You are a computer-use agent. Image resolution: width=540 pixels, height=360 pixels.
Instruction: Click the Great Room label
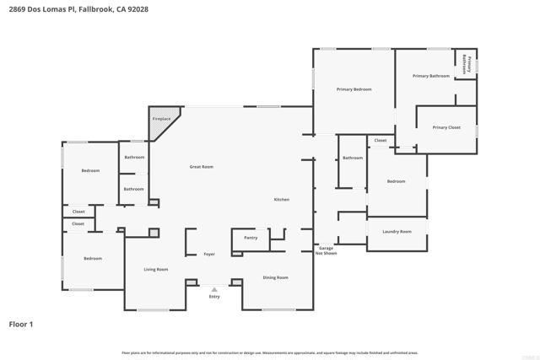pos(201,167)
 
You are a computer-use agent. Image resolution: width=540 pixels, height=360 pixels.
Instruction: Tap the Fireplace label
pos(161,120)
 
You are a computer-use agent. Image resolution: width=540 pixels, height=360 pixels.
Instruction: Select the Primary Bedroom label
pos(354,89)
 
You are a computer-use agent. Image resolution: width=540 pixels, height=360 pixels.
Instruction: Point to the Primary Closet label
pos(446,127)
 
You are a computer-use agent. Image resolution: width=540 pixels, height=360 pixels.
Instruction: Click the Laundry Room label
pos(397,231)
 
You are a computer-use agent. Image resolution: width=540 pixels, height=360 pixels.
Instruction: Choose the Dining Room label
pos(275,277)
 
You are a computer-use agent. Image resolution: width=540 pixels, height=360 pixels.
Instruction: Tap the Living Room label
pos(155,269)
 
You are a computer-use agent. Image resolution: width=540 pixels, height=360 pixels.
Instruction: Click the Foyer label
pos(209,254)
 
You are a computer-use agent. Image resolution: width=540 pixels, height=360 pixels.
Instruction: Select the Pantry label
pos(251,238)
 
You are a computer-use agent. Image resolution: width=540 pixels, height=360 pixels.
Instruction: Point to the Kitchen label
pos(281,199)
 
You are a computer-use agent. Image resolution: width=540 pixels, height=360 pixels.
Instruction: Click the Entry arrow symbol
pos(214,289)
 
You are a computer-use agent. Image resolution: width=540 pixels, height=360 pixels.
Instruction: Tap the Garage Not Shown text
pos(326,250)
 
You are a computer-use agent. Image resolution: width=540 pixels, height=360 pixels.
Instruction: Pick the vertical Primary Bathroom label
pos(467,65)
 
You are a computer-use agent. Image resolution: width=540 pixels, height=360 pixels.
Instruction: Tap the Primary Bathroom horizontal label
pos(430,76)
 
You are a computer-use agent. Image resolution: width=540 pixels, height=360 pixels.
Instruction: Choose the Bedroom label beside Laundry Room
pos(396,181)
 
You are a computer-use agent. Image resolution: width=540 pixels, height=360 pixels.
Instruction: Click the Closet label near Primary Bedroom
pos(380,140)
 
